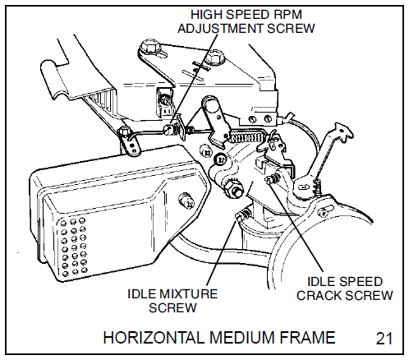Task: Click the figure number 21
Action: [384, 337]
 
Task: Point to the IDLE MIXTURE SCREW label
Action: [172, 300]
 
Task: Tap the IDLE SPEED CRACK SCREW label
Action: [344, 288]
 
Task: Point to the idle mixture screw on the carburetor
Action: [241, 215]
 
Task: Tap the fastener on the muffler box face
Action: [188, 197]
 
